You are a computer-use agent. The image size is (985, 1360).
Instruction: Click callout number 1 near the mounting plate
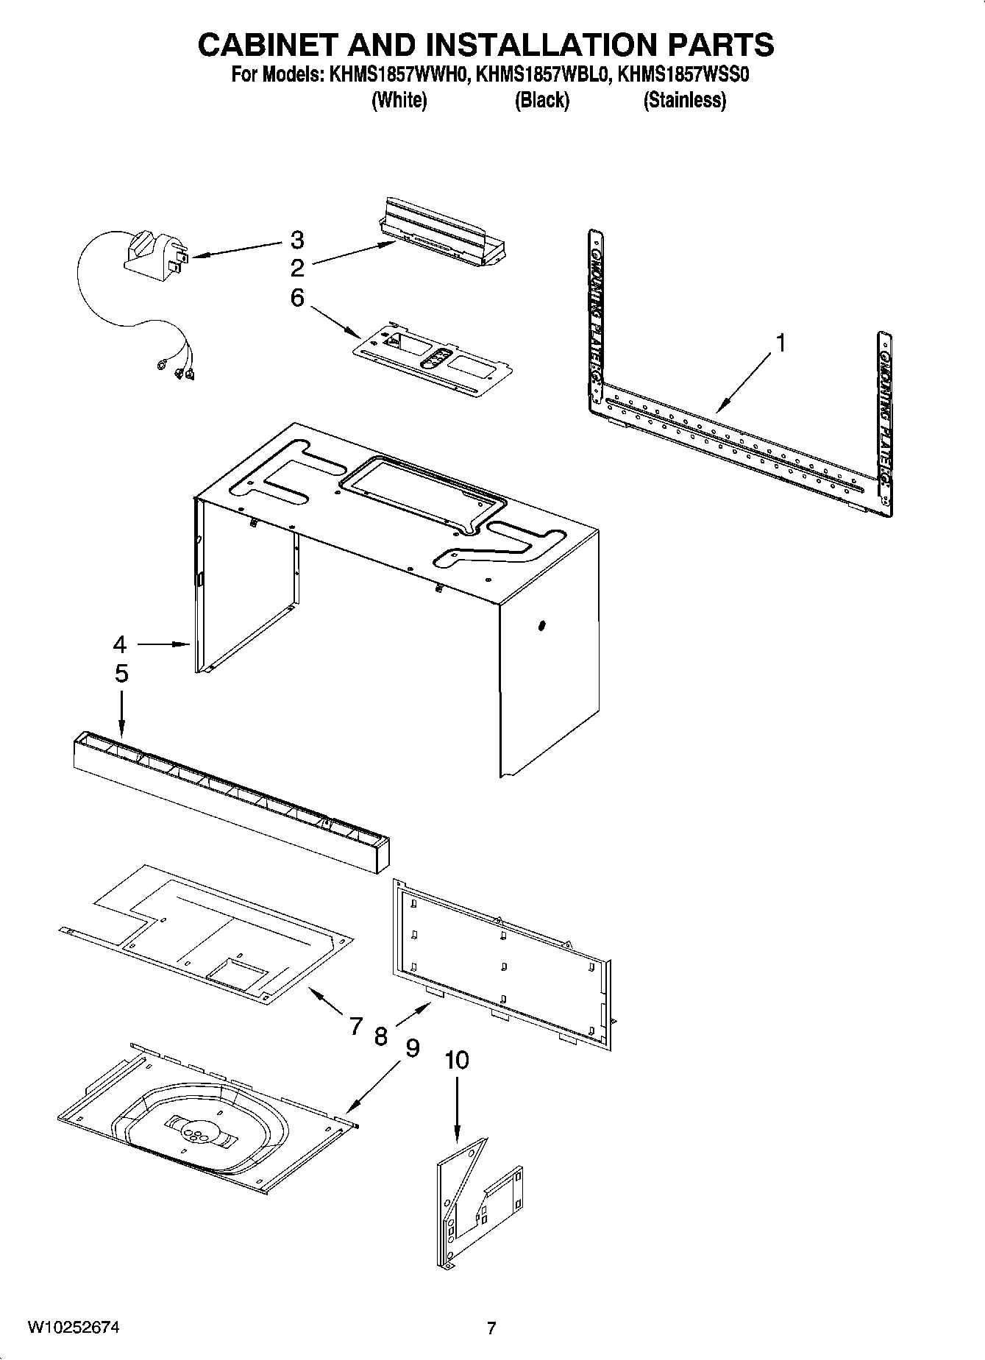(780, 343)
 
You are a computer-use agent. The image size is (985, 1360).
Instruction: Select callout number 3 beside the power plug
(296, 240)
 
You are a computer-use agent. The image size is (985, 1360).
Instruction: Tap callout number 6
(296, 298)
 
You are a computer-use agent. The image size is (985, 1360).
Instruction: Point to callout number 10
(456, 1060)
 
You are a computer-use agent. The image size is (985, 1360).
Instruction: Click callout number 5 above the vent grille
(121, 673)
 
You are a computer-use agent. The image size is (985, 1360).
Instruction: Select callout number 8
(380, 1036)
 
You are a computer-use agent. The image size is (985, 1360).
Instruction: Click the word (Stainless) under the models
(684, 101)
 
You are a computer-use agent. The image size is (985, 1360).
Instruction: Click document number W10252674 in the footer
(74, 1328)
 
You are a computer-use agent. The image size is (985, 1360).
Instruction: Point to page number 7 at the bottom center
(491, 1328)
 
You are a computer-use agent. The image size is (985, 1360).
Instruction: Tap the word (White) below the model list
(399, 101)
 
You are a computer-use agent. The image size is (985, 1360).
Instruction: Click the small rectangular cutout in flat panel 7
(238, 971)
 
